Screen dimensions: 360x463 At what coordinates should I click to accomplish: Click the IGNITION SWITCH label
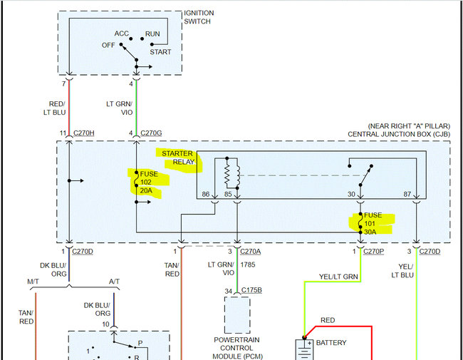[x=199, y=18]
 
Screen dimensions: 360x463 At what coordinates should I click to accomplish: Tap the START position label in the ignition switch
[x=161, y=52]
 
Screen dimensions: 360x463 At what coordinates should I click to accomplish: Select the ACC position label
[x=122, y=34]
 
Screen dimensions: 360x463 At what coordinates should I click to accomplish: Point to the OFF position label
[x=108, y=45]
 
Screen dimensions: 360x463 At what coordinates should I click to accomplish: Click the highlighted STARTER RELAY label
[x=177, y=158]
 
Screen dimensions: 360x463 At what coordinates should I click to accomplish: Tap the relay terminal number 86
[x=206, y=194]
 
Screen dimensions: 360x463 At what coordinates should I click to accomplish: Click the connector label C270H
[x=83, y=133]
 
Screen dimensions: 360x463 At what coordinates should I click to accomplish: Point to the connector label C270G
[x=152, y=133]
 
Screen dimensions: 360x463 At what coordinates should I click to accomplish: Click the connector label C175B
[x=251, y=290]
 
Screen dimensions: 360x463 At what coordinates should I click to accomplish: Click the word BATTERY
[x=331, y=343]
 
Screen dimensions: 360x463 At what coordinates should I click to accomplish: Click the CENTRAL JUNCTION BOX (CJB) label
[x=398, y=134]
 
